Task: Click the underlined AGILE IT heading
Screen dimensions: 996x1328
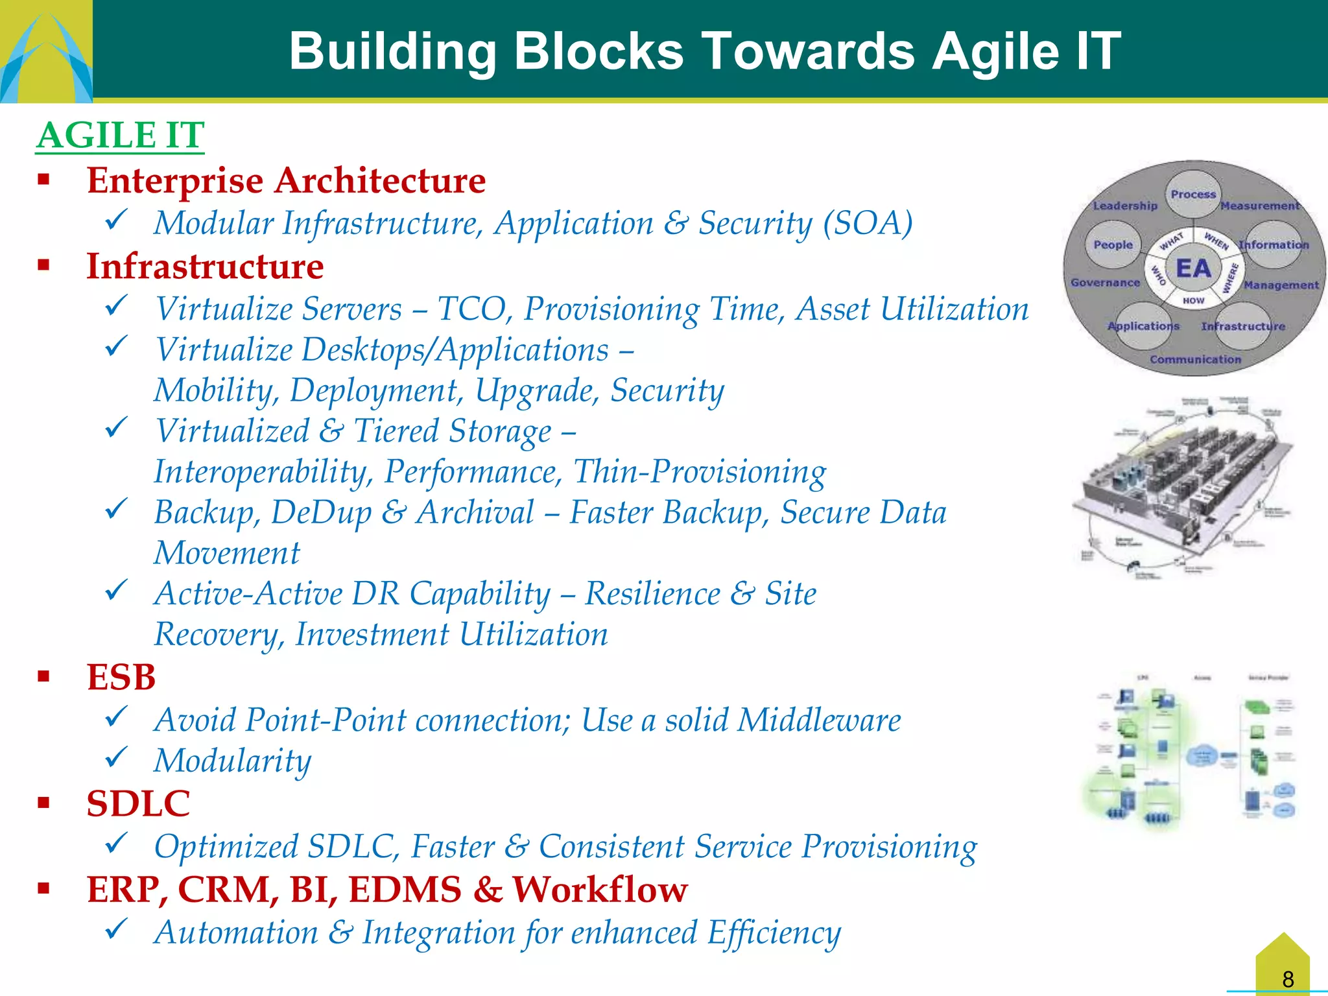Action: pyautogui.click(x=120, y=136)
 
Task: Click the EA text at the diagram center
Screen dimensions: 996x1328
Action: pyautogui.click(x=1192, y=268)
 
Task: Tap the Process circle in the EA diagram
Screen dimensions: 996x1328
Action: pyautogui.click(x=1192, y=194)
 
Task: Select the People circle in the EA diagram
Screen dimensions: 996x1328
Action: pyautogui.click(x=1113, y=244)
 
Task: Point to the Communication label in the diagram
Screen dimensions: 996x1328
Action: pyautogui.click(x=1195, y=359)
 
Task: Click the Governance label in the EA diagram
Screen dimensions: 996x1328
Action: pyautogui.click(x=1104, y=283)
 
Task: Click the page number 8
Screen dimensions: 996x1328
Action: pyautogui.click(x=1288, y=978)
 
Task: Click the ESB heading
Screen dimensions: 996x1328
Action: pyautogui.click(x=121, y=677)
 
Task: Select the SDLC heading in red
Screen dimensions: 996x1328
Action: pyautogui.click(x=138, y=803)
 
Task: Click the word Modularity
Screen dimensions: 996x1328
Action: pyautogui.click(x=232, y=761)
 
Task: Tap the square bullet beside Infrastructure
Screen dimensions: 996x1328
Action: pyautogui.click(x=43, y=265)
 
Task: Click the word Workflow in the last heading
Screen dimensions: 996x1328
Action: pyautogui.click(x=600, y=889)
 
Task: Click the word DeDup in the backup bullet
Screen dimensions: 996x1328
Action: pyautogui.click(x=321, y=512)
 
